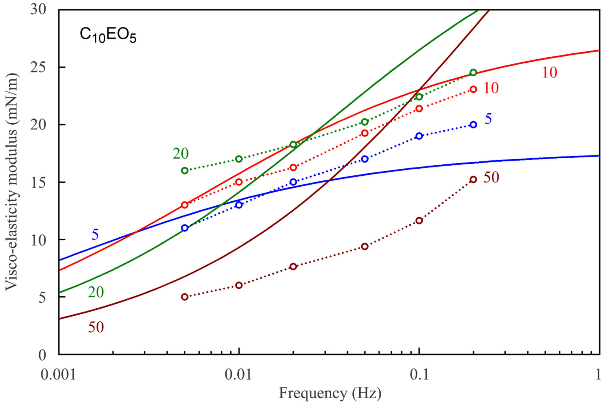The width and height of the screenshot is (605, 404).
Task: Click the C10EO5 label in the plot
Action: click(x=108, y=36)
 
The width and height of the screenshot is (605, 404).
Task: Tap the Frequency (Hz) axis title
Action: click(x=330, y=393)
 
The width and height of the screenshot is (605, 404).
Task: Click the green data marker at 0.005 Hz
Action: click(x=185, y=171)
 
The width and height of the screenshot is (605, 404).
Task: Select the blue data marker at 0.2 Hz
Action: click(x=473, y=125)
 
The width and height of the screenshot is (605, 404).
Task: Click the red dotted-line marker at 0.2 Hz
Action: click(x=473, y=89)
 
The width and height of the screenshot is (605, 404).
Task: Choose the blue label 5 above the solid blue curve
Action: click(x=95, y=235)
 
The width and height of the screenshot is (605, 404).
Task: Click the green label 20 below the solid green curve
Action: click(x=96, y=292)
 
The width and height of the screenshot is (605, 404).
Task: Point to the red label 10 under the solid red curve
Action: click(x=549, y=73)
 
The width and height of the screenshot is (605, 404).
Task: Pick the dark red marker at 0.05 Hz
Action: click(x=365, y=247)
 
